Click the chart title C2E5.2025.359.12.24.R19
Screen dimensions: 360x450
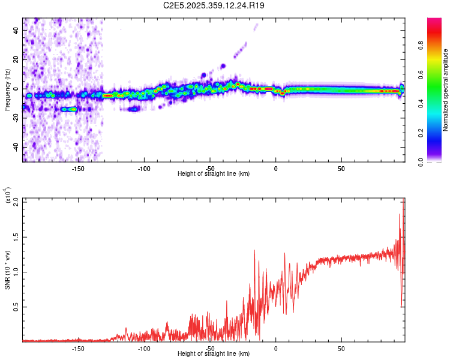click(x=214, y=5)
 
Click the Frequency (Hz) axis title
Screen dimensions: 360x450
click(x=7, y=89)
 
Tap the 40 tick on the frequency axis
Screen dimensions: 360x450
click(x=16, y=31)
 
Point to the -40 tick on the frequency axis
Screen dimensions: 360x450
click(x=14, y=148)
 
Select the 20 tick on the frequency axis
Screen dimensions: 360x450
click(x=16, y=60)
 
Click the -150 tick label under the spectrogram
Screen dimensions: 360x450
click(x=77, y=169)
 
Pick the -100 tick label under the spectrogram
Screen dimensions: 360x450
click(x=143, y=169)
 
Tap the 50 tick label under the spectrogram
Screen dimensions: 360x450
click(x=341, y=169)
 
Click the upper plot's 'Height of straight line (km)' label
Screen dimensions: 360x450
click(x=214, y=174)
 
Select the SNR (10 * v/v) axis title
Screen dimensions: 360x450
click(x=7, y=269)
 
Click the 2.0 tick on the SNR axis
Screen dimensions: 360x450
click(x=15, y=202)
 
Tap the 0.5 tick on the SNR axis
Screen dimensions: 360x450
click(x=15, y=307)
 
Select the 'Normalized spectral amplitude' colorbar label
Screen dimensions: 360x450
click(x=446, y=89)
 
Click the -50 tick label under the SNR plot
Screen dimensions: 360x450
click(x=209, y=349)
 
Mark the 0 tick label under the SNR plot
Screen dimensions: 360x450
click(x=275, y=349)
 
